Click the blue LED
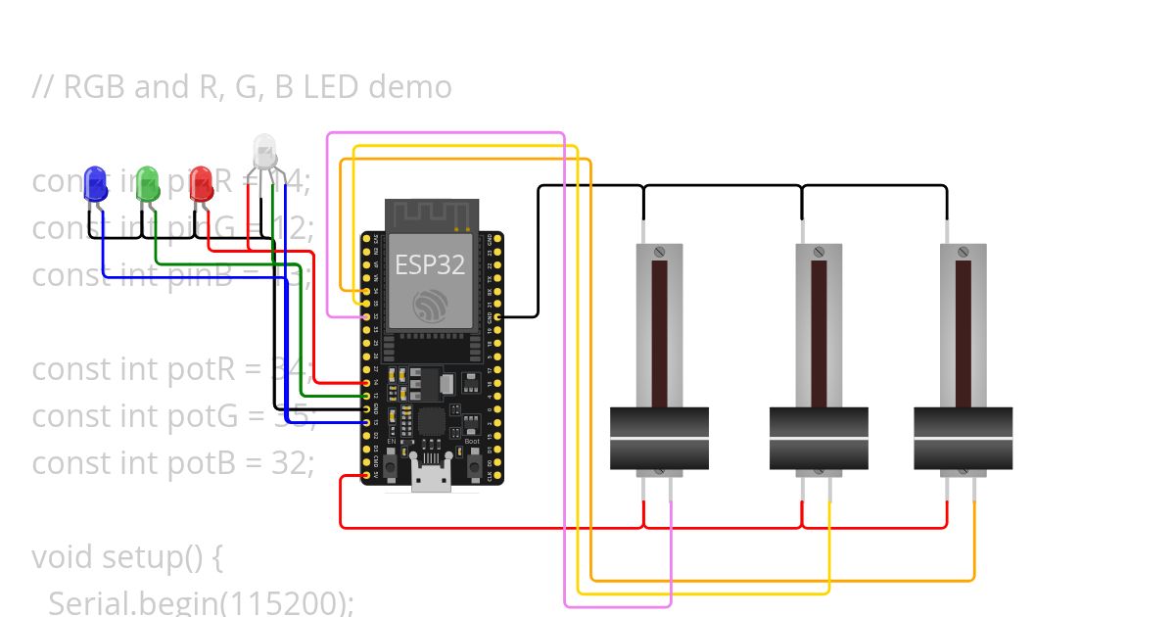tap(95, 183)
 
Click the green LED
tap(148, 183)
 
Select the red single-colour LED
tap(201, 183)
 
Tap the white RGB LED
tap(265, 152)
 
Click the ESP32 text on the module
tap(430, 265)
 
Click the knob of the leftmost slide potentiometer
tap(659, 439)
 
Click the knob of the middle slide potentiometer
tap(819, 439)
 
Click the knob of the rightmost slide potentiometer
tap(963, 439)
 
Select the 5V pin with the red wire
tap(366, 475)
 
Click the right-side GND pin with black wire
tap(498, 317)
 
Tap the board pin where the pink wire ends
tap(366, 317)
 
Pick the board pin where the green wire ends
tap(366, 396)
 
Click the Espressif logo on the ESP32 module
tap(430, 305)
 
